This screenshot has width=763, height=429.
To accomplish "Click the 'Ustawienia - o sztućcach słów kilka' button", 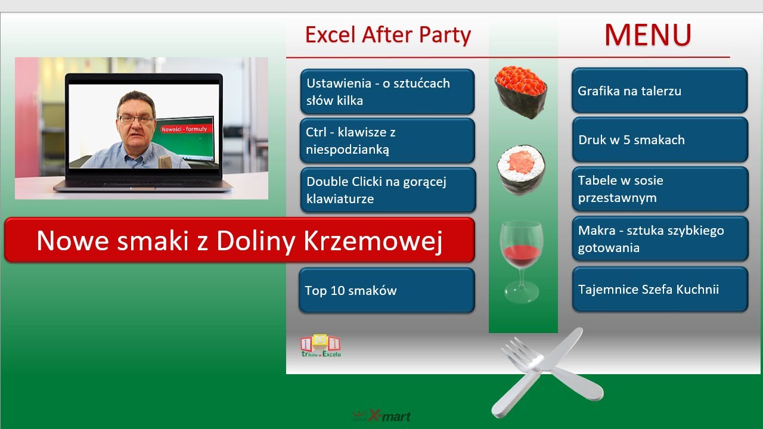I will point(387,91).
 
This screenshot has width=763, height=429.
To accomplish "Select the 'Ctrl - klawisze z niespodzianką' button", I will point(387,141).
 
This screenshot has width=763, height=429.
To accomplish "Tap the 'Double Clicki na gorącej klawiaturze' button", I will point(387,190).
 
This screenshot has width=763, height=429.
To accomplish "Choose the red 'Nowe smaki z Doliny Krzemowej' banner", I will point(239,240).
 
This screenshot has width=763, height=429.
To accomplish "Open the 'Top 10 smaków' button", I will point(386,290).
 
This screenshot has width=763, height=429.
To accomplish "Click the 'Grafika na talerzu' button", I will point(659,91).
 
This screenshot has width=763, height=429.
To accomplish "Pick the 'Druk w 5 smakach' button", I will point(659,139).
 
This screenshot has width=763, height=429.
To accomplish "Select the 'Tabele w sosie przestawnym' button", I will point(659,189).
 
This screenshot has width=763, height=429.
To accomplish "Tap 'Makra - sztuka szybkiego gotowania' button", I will point(659,239).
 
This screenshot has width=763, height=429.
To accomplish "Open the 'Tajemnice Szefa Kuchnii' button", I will point(659,290).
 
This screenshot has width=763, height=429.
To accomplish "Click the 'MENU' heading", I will point(647,35).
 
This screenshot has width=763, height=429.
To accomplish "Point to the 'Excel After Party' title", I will point(387,35).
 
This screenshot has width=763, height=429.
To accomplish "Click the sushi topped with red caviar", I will point(521,92).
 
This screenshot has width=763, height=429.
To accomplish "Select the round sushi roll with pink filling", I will point(521,169).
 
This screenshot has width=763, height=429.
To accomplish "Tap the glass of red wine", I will point(521,259).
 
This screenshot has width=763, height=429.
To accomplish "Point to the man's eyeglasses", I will point(135,119).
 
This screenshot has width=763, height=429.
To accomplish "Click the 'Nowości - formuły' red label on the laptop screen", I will point(184,129).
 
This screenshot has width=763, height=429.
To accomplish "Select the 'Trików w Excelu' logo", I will point(321,346).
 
